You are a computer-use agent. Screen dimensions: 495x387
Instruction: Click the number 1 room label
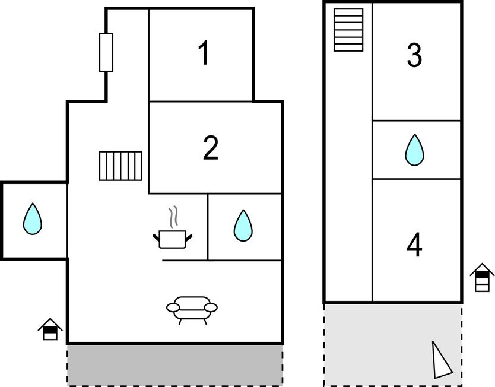point(205,53)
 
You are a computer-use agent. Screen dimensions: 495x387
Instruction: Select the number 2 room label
point(211,147)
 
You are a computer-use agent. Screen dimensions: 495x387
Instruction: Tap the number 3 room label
point(414,56)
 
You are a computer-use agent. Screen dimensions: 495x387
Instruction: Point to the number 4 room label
point(414,245)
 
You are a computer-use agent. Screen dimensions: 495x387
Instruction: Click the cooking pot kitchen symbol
point(172,239)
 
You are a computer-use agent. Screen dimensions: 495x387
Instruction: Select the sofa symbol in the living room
point(192,310)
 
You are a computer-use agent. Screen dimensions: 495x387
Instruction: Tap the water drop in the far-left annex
point(33,219)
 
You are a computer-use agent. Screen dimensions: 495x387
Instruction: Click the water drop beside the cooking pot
point(243,226)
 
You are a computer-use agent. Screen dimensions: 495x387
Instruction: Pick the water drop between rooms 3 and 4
point(414,150)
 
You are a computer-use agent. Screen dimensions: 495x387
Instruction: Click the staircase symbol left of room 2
point(120,166)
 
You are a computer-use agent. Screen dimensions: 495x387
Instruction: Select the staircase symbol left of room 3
point(348,30)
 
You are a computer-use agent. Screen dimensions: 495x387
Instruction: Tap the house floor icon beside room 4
point(482,277)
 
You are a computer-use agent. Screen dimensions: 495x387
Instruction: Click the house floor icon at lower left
point(50,329)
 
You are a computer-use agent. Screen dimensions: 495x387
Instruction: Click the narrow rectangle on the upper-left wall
point(106,52)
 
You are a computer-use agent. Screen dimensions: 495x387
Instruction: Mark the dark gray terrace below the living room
point(175,365)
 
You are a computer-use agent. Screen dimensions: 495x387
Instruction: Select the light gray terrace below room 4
point(393,345)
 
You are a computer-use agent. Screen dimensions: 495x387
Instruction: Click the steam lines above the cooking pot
point(173,217)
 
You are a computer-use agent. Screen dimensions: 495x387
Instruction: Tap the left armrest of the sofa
point(173,307)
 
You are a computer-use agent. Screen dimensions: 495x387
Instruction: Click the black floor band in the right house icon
point(482,275)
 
